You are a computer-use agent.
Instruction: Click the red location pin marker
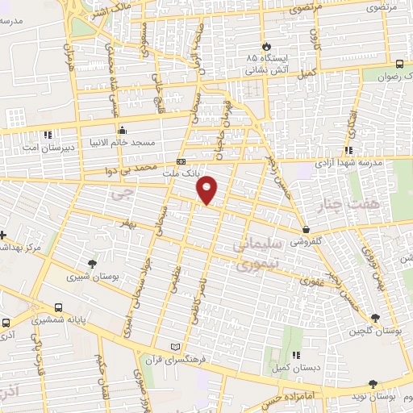207,190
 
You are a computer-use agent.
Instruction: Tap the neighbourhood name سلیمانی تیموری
257,252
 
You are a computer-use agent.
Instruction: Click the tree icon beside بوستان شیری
94,264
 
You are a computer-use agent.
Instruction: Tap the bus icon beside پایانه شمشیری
58,307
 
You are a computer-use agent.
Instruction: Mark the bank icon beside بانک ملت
181,161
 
